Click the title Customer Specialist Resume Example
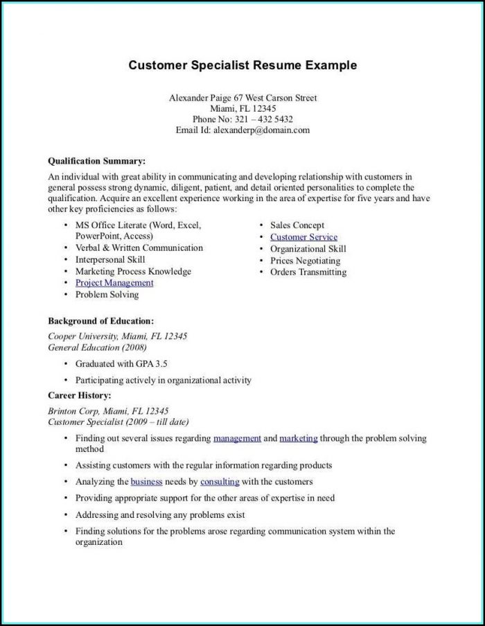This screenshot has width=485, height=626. (x=242, y=65)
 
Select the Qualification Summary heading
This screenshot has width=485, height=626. (x=96, y=161)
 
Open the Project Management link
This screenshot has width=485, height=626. (x=114, y=283)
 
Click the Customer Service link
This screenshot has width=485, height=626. (x=303, y=237)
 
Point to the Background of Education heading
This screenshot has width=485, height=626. (x=100, y=322)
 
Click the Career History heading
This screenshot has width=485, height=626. (x=79, y=395)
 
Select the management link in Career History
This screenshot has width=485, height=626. (x=237, y=438)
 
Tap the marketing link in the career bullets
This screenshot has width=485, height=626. (x=299, y=438)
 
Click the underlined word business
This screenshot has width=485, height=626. (x=146, y=481)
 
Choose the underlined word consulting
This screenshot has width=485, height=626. (x=220, y=481)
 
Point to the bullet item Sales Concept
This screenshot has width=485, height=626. (x=297, y=225)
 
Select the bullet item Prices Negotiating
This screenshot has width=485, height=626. (x=305, y=261)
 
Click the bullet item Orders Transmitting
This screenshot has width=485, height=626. (x=308, y=272)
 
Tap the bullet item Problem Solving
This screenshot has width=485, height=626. (x=107, y=295)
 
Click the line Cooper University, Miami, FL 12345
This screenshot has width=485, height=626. (x=117, y=336)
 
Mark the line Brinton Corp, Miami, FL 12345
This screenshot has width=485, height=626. (x=108, y=410)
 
